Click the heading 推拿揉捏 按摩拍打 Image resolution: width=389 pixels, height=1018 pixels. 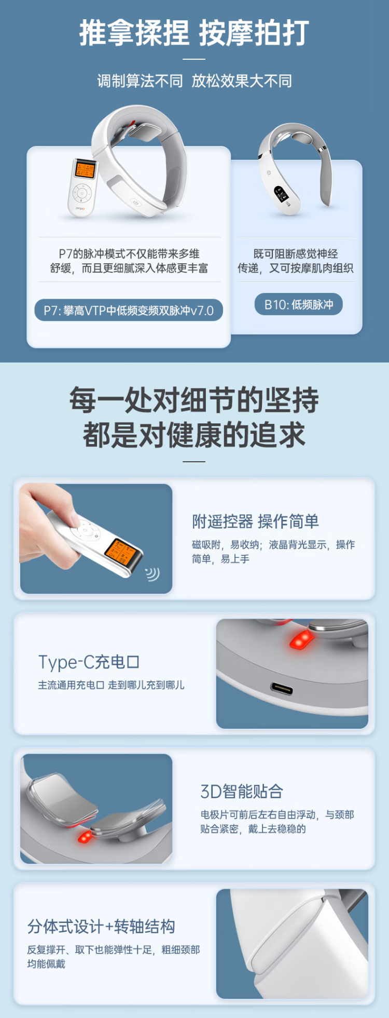coord(194,33)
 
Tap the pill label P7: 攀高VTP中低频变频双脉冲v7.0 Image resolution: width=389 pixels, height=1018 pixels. coord(129,310)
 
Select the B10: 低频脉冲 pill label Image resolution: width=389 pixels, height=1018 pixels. coord(299,304)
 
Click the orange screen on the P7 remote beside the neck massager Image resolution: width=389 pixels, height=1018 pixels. coord(85,169)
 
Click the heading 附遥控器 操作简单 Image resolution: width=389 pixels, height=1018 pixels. coord(256,521)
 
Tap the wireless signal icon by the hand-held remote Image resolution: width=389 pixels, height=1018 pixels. coord(152,573)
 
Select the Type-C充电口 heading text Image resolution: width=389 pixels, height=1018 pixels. coord(89,662)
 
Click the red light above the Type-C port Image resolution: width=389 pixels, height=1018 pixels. coord(300,639)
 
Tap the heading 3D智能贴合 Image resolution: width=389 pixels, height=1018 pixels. coord(242,791)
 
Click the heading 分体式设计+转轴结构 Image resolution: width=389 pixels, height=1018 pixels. coord(101,926)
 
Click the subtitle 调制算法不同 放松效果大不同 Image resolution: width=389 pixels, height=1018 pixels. coord(195,81)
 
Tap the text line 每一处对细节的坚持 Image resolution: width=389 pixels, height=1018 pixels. coord(195,400)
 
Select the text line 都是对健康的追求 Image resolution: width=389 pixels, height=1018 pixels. coord(195,435)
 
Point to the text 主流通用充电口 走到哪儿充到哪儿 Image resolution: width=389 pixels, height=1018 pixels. coord(111,685)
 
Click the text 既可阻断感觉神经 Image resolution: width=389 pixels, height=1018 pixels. coord(296,253)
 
